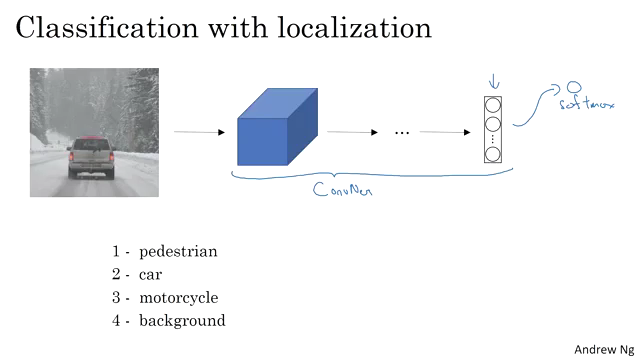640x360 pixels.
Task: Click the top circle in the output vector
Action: click(x=492, y=104)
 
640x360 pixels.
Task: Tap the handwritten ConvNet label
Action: click(x=341, y=187)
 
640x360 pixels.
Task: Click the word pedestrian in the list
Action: click(x=178, y=251)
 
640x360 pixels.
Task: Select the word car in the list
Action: click(x=151, y=274)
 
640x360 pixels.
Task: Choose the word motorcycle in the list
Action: click(x=179, y=298)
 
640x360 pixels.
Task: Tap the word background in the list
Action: click(x=182, y=321)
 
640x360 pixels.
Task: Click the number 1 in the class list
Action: click(x=116, y=251)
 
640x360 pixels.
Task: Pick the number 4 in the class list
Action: click(x=116, y=321)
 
